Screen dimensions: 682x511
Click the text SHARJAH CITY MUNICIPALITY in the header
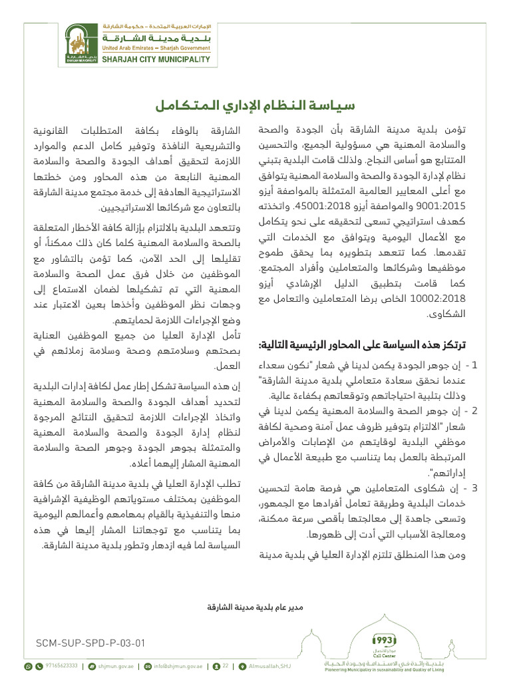(x=156, y=59)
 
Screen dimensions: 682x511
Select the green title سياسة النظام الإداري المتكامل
(x=255, y=106)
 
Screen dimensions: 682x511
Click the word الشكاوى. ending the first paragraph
(x=448, y=314)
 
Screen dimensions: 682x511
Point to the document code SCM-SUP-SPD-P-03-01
(x=90, y=643)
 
